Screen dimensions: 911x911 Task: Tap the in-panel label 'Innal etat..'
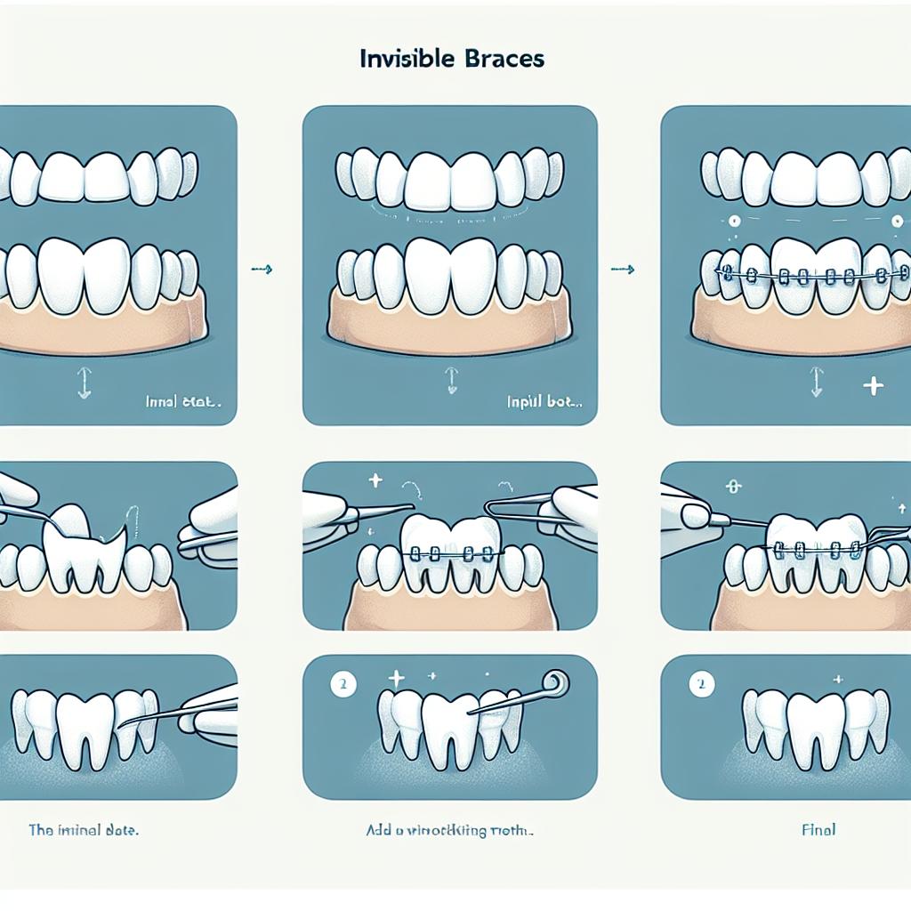183,401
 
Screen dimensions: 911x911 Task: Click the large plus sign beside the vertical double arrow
873,386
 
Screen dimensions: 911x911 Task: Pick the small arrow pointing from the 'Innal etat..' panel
261,268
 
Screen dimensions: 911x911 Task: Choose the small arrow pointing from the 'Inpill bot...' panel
623,268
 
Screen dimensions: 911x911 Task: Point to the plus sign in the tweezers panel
375,481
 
